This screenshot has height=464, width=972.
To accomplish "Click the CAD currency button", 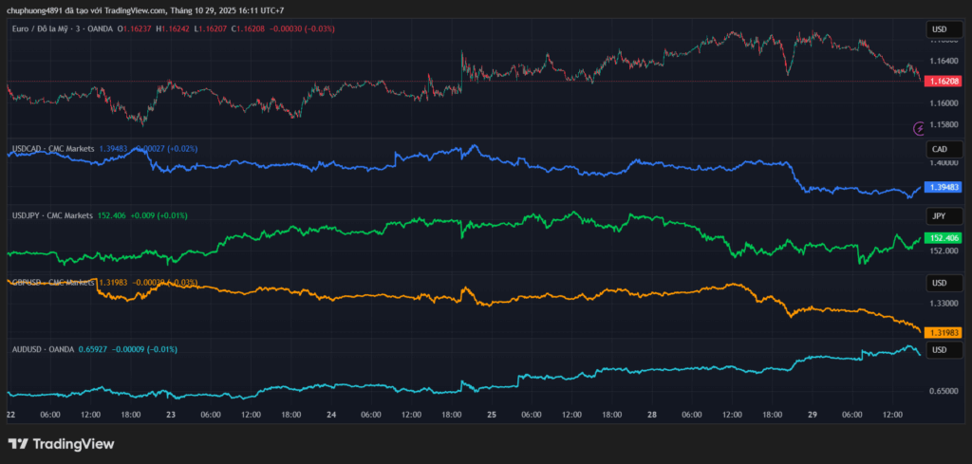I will point(940,150).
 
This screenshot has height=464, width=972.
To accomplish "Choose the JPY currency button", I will point(940,216).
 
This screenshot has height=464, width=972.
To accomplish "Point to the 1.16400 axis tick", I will point(944,61).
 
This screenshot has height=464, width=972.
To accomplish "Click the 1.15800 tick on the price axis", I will point(944,125).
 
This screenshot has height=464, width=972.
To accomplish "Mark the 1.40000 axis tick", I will point(944,163).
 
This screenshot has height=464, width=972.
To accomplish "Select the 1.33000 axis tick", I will point(944,304).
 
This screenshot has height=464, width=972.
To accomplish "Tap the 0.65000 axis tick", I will point(944,391).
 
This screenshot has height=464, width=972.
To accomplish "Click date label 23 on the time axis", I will point(172,415).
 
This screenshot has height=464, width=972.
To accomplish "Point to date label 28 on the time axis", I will point(653,415).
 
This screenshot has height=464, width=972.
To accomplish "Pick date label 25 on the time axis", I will point(492,415).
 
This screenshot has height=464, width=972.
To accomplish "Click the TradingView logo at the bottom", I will point(61,444).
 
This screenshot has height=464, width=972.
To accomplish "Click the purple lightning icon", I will point(919,127).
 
